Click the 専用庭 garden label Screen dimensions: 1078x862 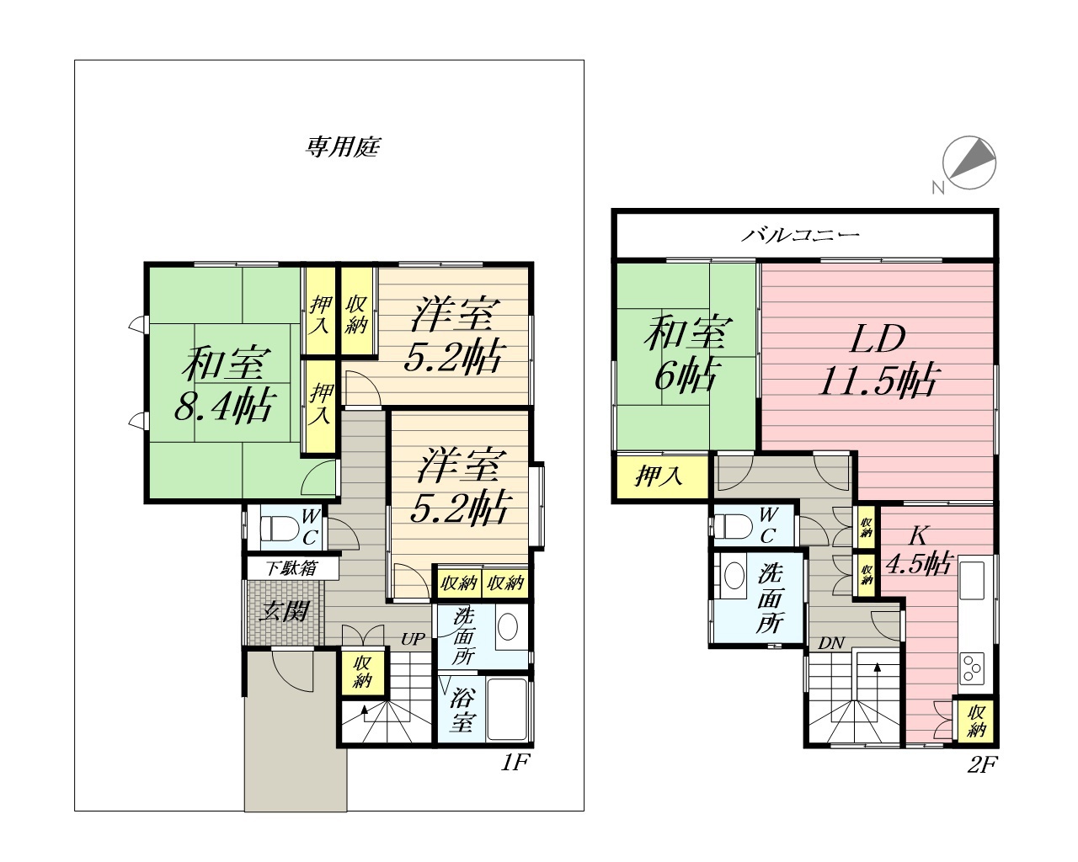tap(343, 146)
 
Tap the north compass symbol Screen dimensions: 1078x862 tap(969, 162)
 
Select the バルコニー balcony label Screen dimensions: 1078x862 tap(800, 234)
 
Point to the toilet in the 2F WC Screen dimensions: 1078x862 tap(733, 527)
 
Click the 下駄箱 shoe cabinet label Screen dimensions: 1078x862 tap(291, 568)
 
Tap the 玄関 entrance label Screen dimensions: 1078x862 tap(284, 611)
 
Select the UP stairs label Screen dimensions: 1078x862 tap(413, 639)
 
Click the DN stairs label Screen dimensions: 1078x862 tap(831, 643)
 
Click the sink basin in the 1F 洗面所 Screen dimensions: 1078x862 tap(508, 627)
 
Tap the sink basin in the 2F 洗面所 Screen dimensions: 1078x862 tap(734, 576)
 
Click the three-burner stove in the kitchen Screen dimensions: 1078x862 tap(971, 668)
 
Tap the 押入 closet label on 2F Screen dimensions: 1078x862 tap(659, 476)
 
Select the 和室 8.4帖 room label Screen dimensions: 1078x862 tap(225, 383)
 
